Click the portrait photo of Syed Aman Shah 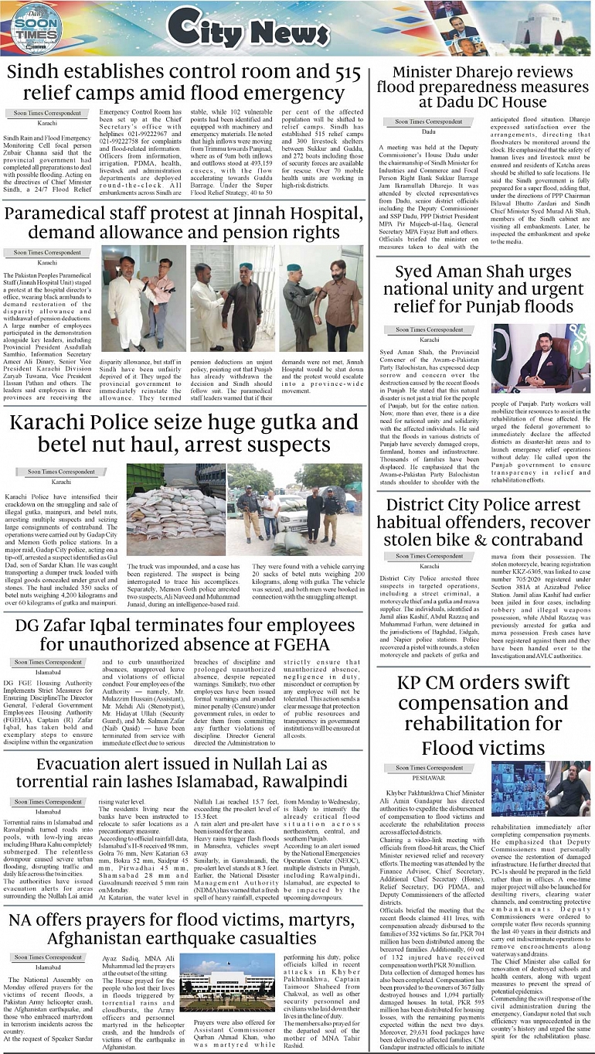pos(541,357)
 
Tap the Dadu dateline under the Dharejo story pos(429,132)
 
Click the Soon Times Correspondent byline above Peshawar pos(430,768)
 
